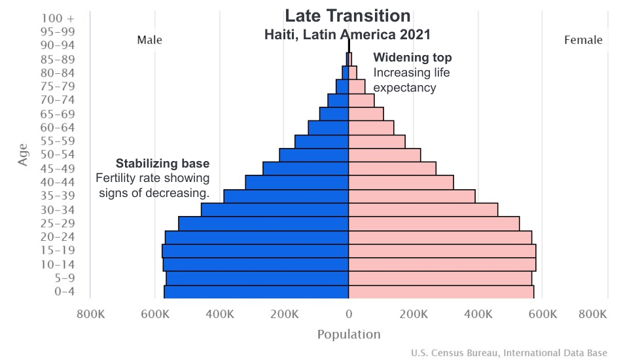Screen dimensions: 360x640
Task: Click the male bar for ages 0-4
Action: point(256,292)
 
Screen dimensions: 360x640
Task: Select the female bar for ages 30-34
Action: point(423,209)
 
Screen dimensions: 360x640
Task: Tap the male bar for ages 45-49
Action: point(306,168)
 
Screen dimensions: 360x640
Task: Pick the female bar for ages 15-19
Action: point(442,251)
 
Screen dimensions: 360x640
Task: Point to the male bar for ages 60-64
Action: point(329,128)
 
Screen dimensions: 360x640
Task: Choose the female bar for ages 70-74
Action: point(361,100)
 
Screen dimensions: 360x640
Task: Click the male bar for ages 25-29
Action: point(263,223)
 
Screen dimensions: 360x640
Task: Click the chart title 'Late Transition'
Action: point(347,16)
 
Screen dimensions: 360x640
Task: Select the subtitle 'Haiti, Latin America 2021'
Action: point(347,35)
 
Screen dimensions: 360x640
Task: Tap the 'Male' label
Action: point(149,41)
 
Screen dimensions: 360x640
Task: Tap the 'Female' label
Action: point(583,41)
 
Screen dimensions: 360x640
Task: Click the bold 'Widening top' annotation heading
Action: point(412,58)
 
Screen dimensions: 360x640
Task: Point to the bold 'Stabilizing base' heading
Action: point(162,164)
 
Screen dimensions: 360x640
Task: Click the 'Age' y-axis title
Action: point(23,154)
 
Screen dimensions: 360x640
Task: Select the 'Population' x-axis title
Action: point(349,334)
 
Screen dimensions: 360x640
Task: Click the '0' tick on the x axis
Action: point(349,314)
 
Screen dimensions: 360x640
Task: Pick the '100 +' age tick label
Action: point(58,18)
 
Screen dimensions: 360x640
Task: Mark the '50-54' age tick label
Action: point(58,154)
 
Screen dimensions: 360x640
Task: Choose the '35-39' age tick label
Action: point(58,196)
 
